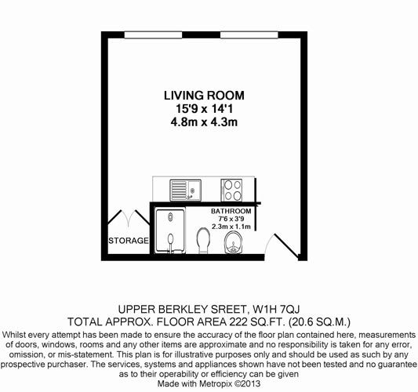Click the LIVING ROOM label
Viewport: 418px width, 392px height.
[x=204, y=96]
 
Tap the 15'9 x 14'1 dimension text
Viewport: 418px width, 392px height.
[x=204, y=109]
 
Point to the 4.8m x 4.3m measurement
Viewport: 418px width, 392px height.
[x=204, y=122]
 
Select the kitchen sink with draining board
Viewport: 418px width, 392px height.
[x=186, y=191]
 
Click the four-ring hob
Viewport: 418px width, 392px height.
[x=231, y=190]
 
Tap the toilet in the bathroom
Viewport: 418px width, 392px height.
[x=203, y=241]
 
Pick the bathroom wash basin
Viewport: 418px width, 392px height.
[x=233, y=242]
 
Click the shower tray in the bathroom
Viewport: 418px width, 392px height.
[x=170, y=231]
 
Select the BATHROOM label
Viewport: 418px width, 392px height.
[x=231, y=211]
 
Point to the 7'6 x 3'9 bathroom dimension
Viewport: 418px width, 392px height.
[x=231, y=219]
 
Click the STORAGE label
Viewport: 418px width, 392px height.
[x=129, y=241]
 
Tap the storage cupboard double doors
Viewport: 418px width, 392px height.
[x=129, y=217]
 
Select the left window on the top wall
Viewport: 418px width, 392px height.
[x=153, y=35]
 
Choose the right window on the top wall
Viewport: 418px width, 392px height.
[x=249, y=35]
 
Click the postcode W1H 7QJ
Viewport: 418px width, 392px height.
[x=276, y=310]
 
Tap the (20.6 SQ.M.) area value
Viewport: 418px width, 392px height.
[x=319, y=322]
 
